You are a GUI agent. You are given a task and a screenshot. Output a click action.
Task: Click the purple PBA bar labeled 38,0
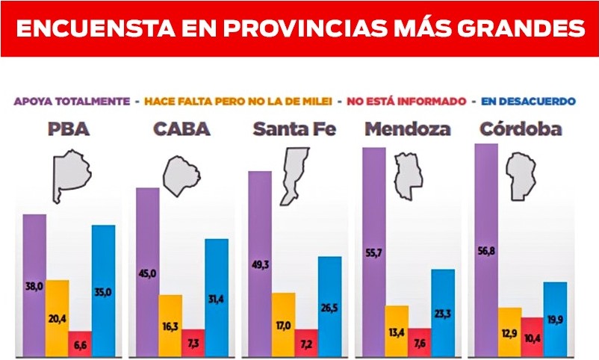click(x=34, y=284)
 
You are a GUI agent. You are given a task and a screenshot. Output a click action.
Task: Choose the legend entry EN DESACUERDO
click(x=528, y=100)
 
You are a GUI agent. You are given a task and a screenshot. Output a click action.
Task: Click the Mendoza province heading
click(x=407, y=128)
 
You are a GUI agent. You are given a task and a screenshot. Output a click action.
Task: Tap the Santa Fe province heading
click(x=294, y=128)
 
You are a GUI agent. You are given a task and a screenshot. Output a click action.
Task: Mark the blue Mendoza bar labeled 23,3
click(x=442, y=311)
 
